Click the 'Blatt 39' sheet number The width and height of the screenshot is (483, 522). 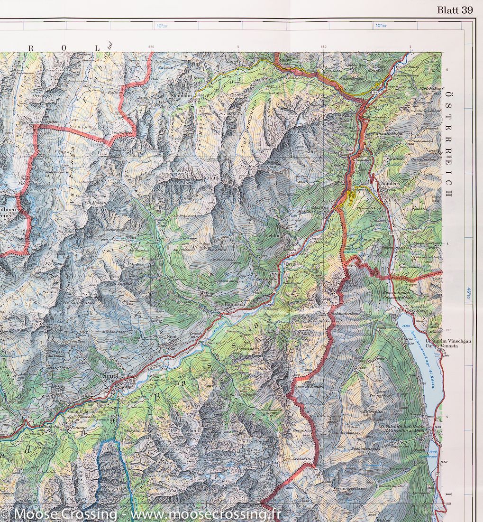tap(455, 11)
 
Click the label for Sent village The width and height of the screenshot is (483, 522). tap(171, 337)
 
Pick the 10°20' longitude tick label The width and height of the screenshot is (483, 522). tap(162, 26)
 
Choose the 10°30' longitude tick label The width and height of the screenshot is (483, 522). tap(380, 26)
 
